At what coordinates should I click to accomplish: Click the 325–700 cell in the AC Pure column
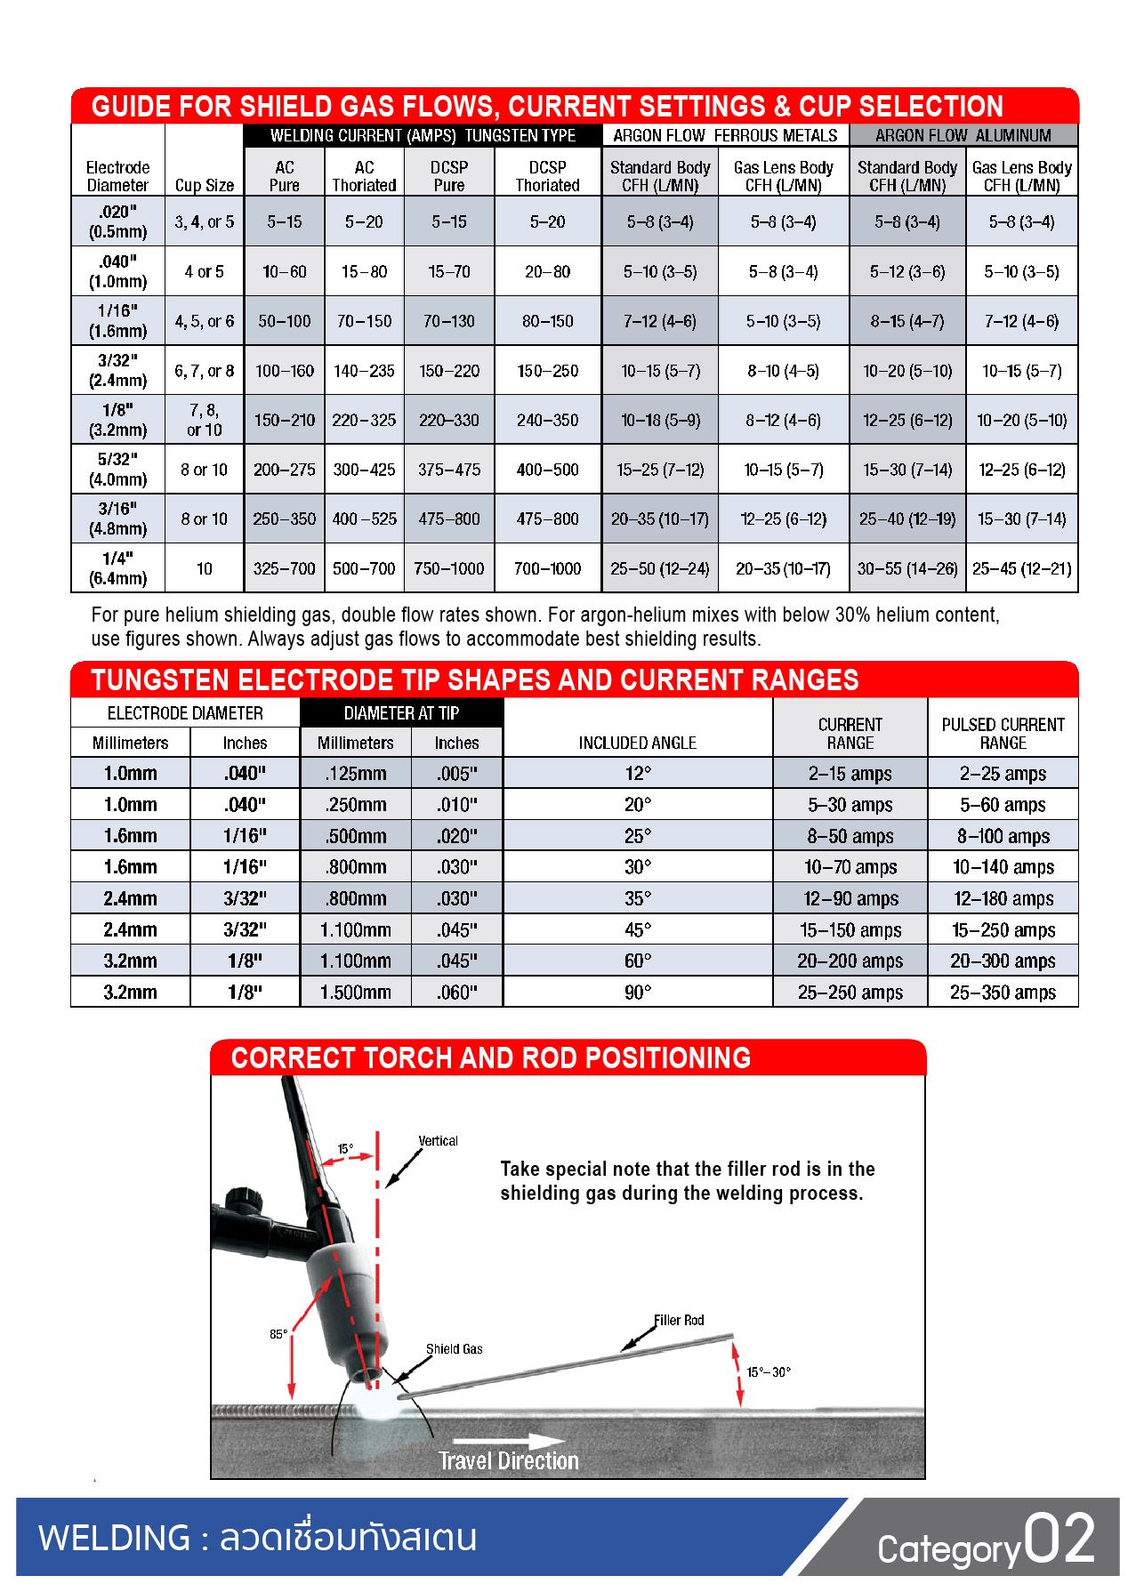coord(284,568)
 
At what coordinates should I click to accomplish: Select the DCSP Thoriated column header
coord(547,176)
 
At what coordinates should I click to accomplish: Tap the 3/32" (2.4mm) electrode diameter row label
coord(117,370)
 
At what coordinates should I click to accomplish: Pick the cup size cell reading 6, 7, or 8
coord(204,370)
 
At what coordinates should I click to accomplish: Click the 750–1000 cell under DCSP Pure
coord(448,568)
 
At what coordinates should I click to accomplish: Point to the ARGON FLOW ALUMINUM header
coord(963,135)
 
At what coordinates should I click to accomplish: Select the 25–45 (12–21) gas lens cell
coord(1021,568)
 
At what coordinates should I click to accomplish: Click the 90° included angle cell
coord(637,992)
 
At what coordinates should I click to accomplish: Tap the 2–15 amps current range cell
coord(850,774)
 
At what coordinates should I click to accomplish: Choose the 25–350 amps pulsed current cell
coord(1003,992)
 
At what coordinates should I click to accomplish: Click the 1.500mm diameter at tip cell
coord(355,992)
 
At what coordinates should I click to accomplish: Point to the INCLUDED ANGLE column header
coord(637,743)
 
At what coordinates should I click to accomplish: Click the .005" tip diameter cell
coord(456,774)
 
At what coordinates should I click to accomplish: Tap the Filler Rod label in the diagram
coord(679,1321)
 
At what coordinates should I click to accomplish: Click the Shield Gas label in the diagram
coord(454,1349)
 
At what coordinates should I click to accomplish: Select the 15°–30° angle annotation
coord(769,1372)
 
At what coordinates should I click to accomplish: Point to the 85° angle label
coord(278,1334)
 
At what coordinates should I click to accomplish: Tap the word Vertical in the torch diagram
coord(438,1141)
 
